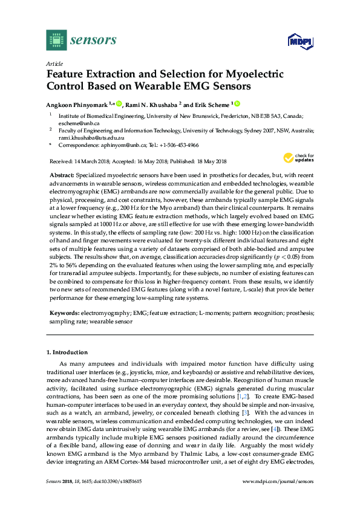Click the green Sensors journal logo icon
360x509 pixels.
56,40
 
